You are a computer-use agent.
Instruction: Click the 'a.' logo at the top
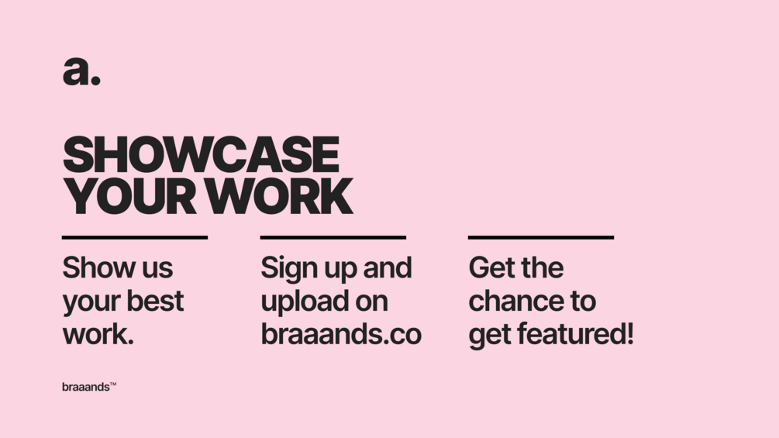tap(81, 71)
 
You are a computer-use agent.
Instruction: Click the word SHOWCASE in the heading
tap(202, 154)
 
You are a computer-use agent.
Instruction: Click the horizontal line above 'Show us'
tap(135, 237)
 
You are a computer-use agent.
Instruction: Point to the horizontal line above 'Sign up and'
tap(333, 237)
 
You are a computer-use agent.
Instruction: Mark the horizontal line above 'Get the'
tap(541, 237)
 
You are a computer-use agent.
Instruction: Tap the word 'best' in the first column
tap(155, 301)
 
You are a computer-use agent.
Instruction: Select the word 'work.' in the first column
tap(98, 334)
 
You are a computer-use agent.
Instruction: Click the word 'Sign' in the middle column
tap(289, 269)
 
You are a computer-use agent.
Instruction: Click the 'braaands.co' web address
tap(341, 334)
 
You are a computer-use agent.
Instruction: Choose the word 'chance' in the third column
tap(515, 301)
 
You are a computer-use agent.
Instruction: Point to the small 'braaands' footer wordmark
tap(86, 387)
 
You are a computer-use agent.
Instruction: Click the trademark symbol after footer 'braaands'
tap(113, 384)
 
